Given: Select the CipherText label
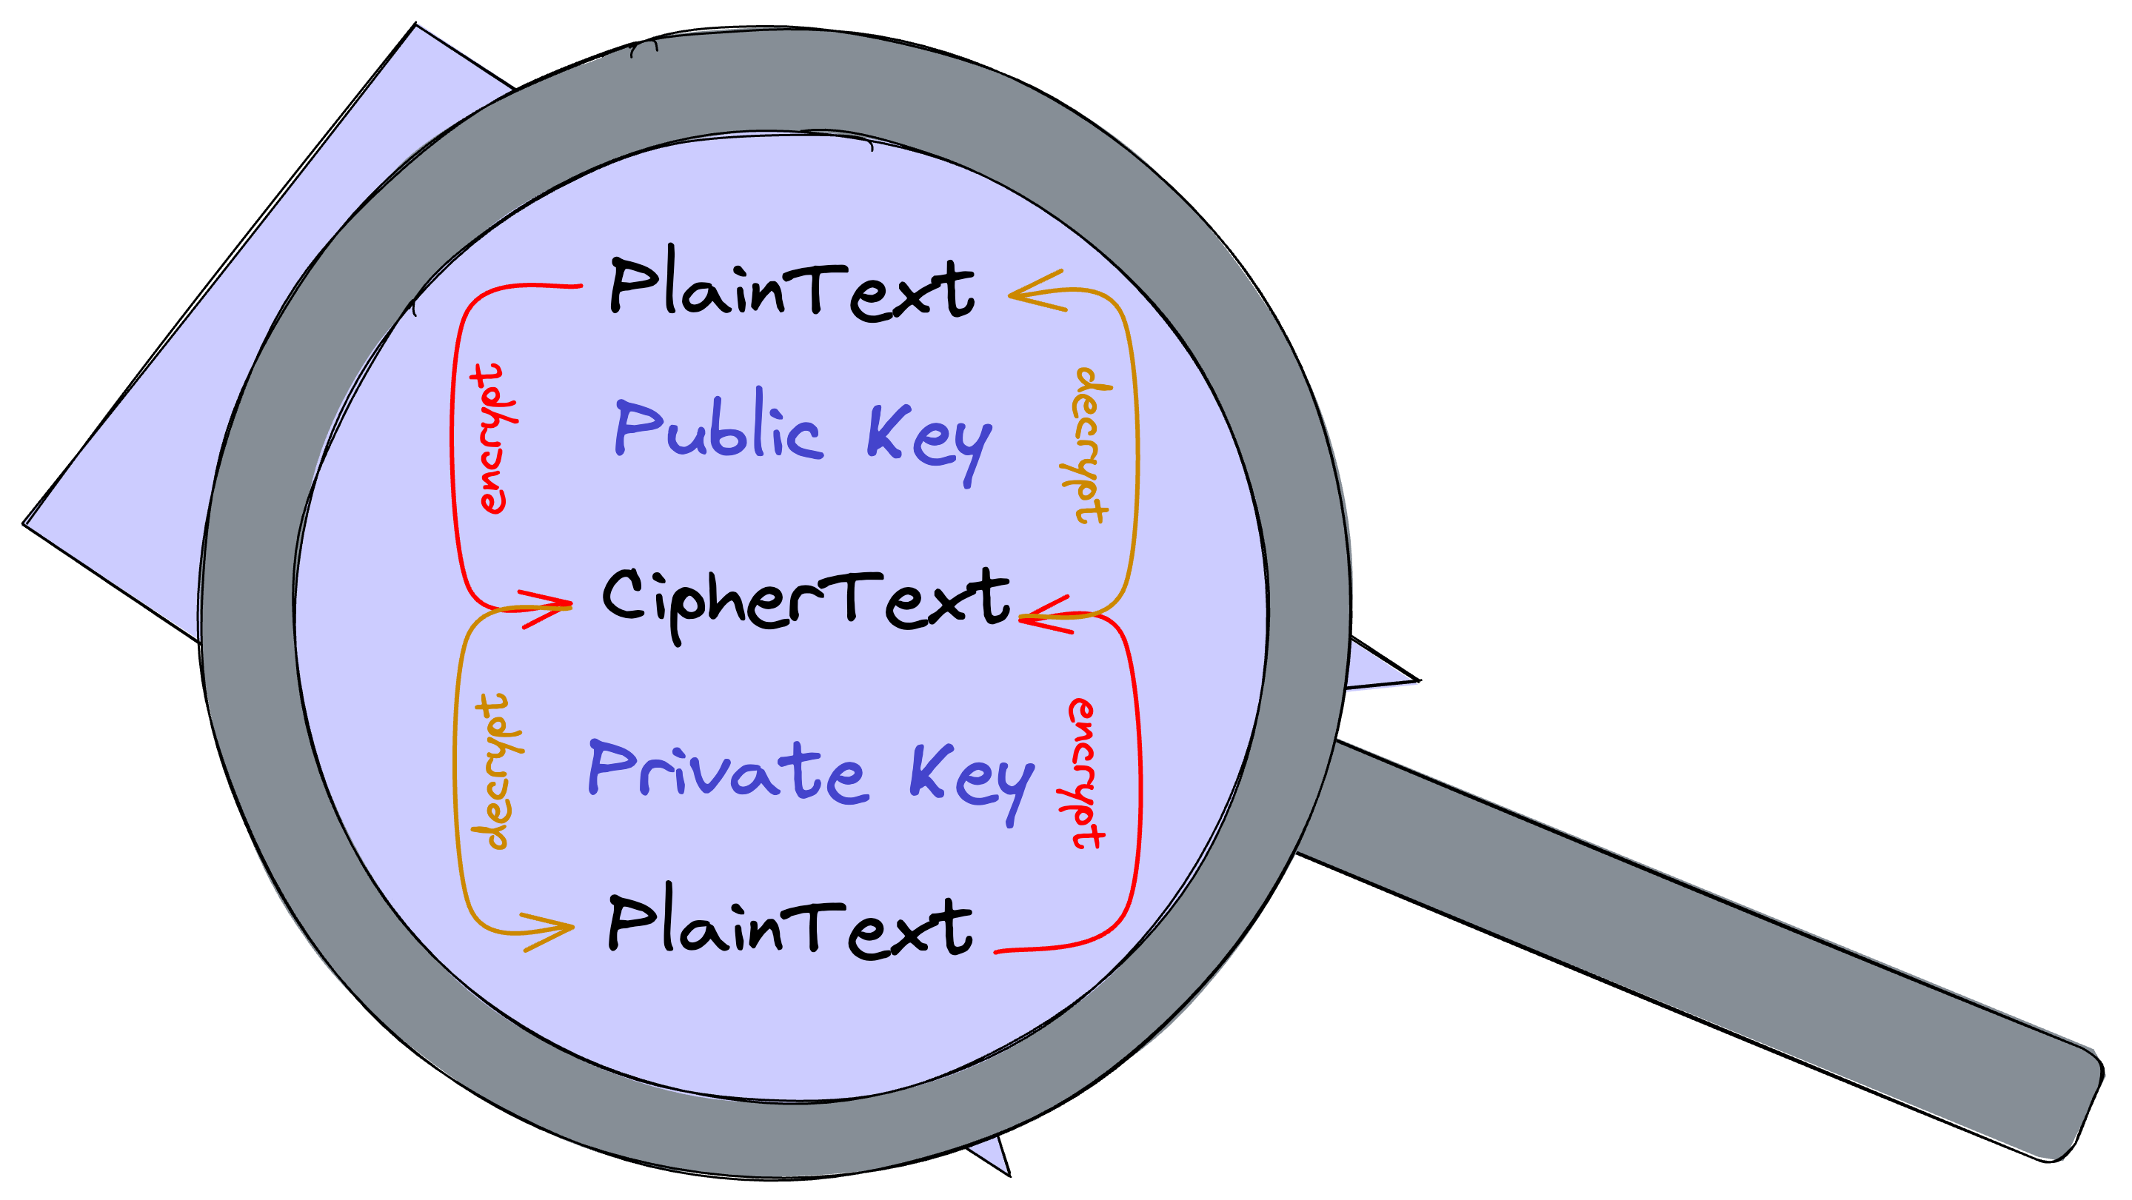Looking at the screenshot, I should [x=805, y=600].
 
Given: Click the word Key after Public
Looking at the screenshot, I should [x=929, y=439].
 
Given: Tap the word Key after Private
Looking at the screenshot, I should [x=972, y=778].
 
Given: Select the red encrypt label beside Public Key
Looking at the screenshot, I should [x=492, y=439].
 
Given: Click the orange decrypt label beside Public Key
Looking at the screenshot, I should [x=1089, y=445].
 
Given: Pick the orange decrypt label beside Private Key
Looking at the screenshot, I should [x=493, y=771].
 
